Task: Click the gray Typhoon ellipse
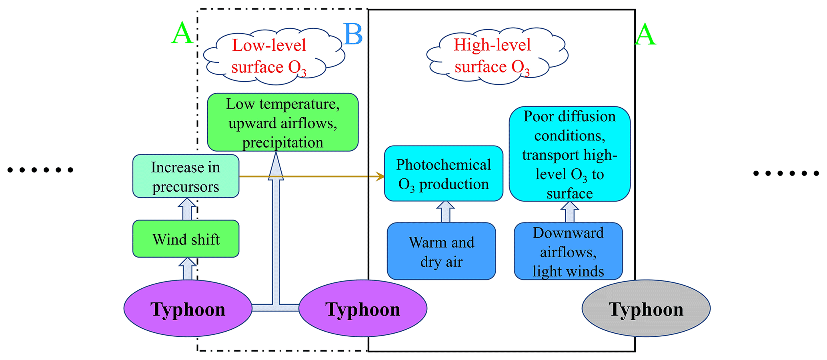pyautogui.click(x=646, y=308)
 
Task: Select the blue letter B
pyautogui.click(x=353, y=34)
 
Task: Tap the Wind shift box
pyautogui.click(x=186, y=239)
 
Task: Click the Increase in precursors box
pyautogui.click(x=186, y=176)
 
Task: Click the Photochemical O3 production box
pyautogui.click(x=443, y=174)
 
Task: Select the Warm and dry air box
pyautogui.click(x=441, y=251)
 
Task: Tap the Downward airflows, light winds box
pyautogui.click(x=568, y=251)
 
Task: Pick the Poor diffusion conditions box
pyautogui.click(x=569, y=154)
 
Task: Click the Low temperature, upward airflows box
pyautogui.click(x=282, y=122)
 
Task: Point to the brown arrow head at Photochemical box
pyautogui.click(x=380, y=176)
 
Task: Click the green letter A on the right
pyautogui.click(x=645, y=35)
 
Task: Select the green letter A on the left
pyautogui.click(x=182, y=34)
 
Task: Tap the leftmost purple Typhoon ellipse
pyautogui.click(x=188, y=308)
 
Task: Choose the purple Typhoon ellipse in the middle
pyautogui.click(x=362, y=308)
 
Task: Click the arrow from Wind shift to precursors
pyautogui.click(x=187, y=209)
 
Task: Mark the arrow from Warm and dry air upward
pyautogui.click(x=445, y=212)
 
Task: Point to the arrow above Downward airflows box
pyautogui.click(x=570, y=212)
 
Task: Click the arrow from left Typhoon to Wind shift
pyautogui.click(x=187, y=269)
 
